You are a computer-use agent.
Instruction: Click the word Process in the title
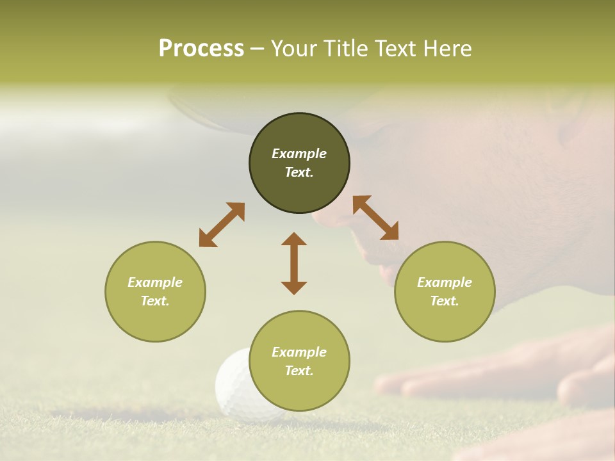click(201, 48)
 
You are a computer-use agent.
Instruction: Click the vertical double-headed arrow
click(294, 263)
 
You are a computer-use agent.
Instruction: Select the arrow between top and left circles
click(222, 225)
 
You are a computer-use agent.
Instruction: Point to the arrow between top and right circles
click(375, 218)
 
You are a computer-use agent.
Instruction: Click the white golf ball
click(234, 384)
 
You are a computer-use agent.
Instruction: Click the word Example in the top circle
click(299, 154)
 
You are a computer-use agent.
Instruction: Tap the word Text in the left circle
click(155, 301)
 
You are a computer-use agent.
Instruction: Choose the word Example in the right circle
click(445, 282)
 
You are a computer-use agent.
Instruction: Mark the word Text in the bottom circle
click(299, 371)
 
